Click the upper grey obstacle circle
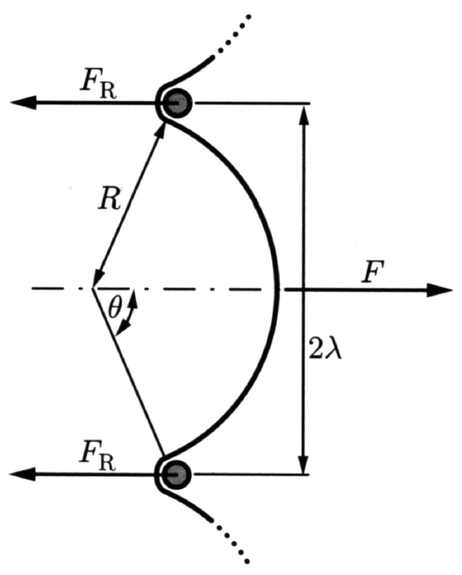177,103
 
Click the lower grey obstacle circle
177,475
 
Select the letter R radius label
109,199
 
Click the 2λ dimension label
325,349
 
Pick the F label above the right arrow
372,272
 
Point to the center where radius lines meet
93,288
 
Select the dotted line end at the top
249,16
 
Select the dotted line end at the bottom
248,561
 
